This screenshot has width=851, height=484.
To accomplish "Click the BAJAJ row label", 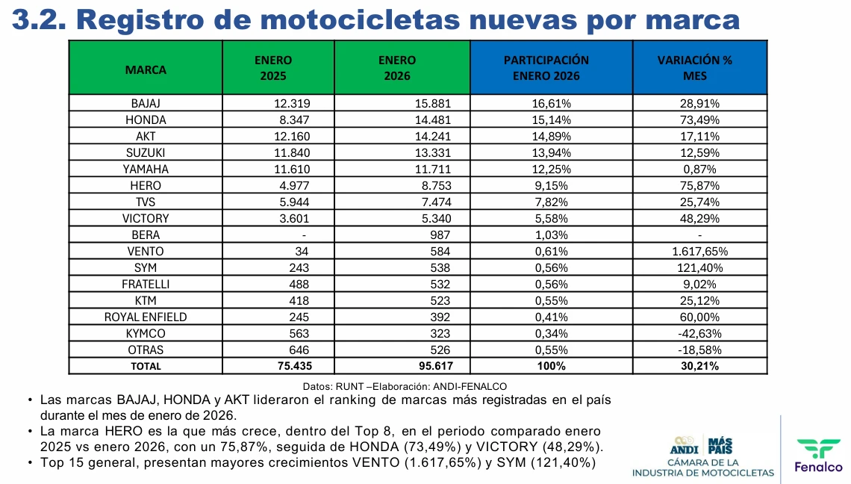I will coord(146,103).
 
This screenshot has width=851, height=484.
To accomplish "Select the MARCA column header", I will coord(146,69).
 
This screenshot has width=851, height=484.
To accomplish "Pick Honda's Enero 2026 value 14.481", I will coord(432,120).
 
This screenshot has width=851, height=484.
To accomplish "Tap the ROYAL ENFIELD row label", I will coord(146,317).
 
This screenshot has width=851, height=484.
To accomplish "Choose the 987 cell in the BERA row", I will coord(439,235).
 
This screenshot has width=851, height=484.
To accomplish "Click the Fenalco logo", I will coord(818,455).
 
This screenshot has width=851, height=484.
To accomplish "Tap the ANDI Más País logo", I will coord(702,446).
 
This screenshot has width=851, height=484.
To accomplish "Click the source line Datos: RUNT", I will coord(405,386).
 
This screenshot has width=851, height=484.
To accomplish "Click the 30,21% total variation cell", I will coord(699,366).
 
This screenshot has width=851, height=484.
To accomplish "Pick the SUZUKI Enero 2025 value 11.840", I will coord(292,152).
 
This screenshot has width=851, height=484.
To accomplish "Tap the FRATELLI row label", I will coord(146,284).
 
